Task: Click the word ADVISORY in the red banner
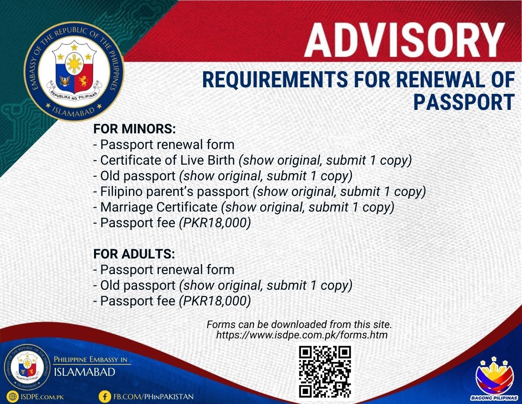click(x=404, y=40)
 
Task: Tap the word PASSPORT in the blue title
click(x=464, y=102)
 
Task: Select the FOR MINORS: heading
click(x=134, y=129)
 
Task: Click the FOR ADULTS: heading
click(x=134, y=254)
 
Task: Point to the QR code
click(x=325, y=372)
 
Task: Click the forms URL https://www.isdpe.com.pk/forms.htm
click(x=302, y=335)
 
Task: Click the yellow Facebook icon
click(x=105, y=396)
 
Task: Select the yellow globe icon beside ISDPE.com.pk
click(x=13, y=396)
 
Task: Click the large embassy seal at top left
click(x=74, y=71)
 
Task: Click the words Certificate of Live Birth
click(x=167, y=160)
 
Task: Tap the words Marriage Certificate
click(x=159, y=207)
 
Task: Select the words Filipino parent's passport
click(x=174, y=192)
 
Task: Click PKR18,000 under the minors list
click(x=215, y=223)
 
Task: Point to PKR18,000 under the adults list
click(x=215, y=301)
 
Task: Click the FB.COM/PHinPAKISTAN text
click(x=154, y=397)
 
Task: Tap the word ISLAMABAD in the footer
click(x=84, y=372)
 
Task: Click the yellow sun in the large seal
click(x=74, y=63)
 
